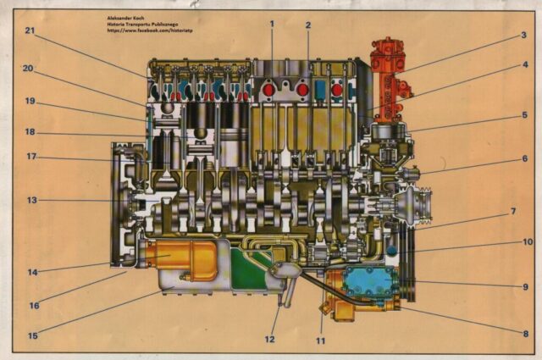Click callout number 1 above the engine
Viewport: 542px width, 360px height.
(272, 23)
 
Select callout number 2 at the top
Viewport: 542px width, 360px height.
(307, 25)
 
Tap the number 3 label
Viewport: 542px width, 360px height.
(524, 36)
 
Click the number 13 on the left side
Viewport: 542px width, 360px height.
(31, 200)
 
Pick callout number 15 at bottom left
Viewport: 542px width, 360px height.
(32, 335)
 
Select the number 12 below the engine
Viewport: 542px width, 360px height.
(270, 340)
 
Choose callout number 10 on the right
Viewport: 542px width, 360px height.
(527, 241)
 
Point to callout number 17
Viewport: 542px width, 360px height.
(31, 156)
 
